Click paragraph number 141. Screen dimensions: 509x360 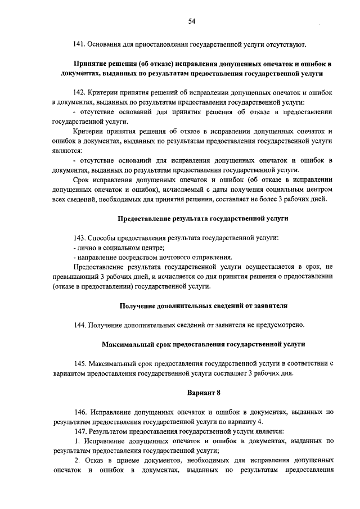pos(80,44)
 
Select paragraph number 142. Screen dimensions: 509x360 pos(80,92)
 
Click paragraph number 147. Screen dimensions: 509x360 pos(80,431)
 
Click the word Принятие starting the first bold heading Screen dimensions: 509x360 pos(91,63)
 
